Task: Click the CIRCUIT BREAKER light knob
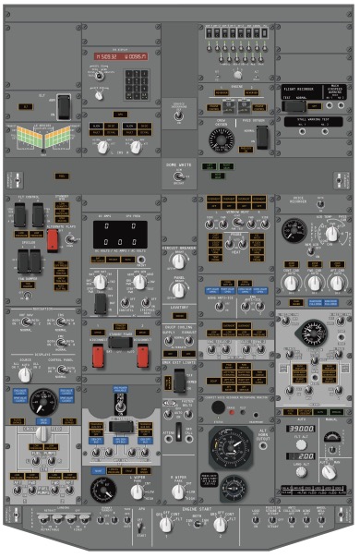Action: click(178, 262)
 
